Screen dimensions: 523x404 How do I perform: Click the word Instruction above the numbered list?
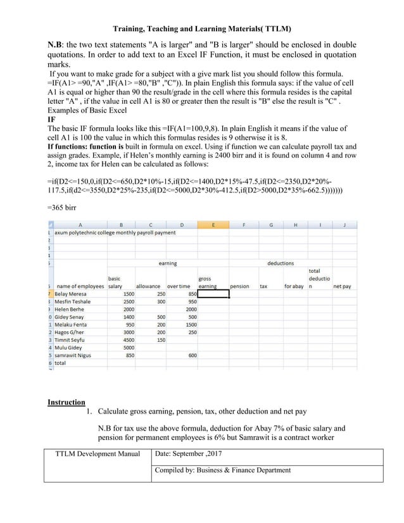(x=66, y=402)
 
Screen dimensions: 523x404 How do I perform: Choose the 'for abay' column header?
(x=294, y=286)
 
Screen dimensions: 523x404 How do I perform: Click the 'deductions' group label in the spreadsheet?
(x=280, y=263)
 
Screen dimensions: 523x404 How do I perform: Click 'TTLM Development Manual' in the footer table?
(x=98, y=453)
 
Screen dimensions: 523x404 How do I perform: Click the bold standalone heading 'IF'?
(x=52, y=118)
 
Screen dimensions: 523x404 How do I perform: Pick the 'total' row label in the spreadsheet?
(x=60, y=363)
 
